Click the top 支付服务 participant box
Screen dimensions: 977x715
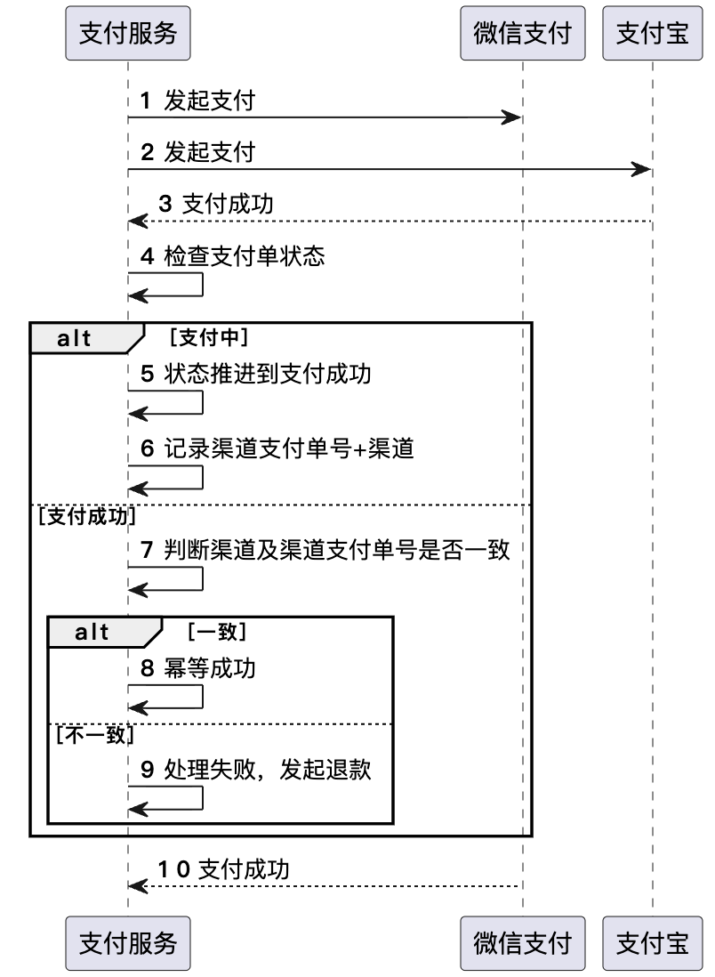128,33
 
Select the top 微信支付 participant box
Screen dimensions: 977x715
522,33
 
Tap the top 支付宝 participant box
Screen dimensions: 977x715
652,33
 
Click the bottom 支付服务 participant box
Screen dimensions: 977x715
128,943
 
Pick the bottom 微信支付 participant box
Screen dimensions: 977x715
522,943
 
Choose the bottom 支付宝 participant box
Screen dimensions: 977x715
652,943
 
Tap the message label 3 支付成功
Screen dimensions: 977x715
216,204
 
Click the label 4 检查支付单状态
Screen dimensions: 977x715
233,257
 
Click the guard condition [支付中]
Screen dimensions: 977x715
207,338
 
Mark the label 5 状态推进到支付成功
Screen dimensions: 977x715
256,375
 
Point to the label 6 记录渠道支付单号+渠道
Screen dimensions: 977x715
277,449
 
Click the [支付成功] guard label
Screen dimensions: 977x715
84,515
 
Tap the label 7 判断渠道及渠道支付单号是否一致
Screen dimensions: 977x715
325,550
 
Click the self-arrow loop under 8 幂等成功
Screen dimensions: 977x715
178,697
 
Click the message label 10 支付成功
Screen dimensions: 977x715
224,868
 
